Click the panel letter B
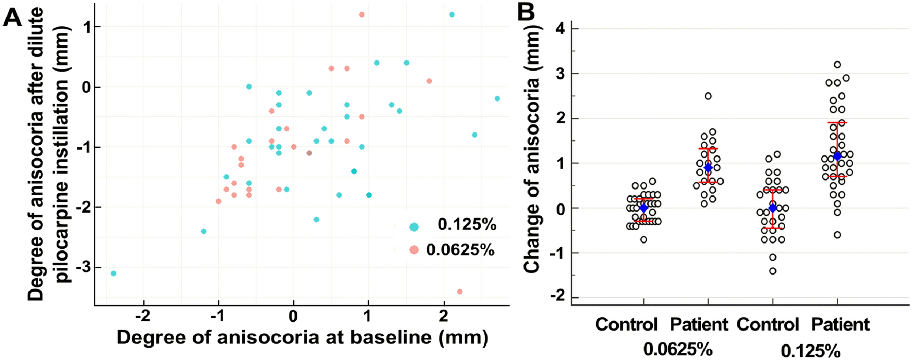[526, 12]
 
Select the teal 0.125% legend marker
[414, 226]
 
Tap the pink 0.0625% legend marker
[414, 250]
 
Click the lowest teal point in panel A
[113, 273]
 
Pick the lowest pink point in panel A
[460, 292]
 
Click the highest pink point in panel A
[362, 14]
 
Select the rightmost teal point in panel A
[497, 98]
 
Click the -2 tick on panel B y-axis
[558, 297]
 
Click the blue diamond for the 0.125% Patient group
[837, 156]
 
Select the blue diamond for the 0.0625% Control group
[644, 208]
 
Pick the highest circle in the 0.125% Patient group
[837, 64]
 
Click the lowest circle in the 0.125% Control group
[773, 271]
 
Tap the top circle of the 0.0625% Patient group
[708, 96]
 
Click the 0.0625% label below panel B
[678, 349]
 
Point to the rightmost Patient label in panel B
[840, 324]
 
